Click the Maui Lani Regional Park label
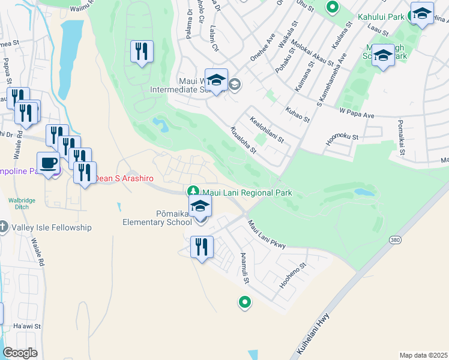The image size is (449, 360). click(247, 193)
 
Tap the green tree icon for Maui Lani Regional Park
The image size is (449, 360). click(193, 192)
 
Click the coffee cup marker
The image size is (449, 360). click(48, 163)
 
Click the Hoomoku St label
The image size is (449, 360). click(342, 139)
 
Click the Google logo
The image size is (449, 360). click(20, 353)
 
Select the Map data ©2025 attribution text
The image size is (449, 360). click(423, 355)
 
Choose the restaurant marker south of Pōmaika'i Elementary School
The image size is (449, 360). click(202, 247)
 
